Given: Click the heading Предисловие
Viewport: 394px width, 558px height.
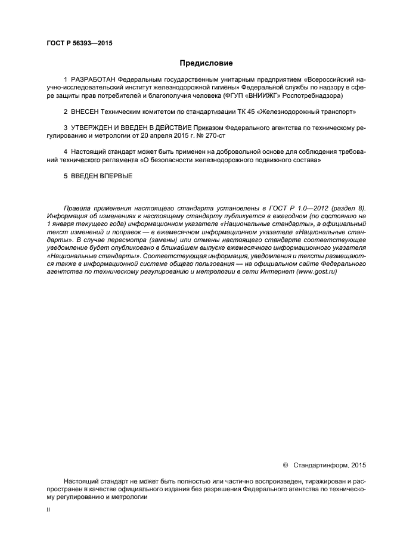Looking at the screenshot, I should (206, 63).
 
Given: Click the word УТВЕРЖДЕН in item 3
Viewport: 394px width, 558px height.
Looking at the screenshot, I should (93, 128).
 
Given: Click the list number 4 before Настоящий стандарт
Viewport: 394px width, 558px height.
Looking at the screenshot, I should (66, 153).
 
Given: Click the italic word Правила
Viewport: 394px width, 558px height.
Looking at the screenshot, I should (76, 207).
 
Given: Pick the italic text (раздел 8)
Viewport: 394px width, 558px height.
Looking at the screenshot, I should (347, 207).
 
